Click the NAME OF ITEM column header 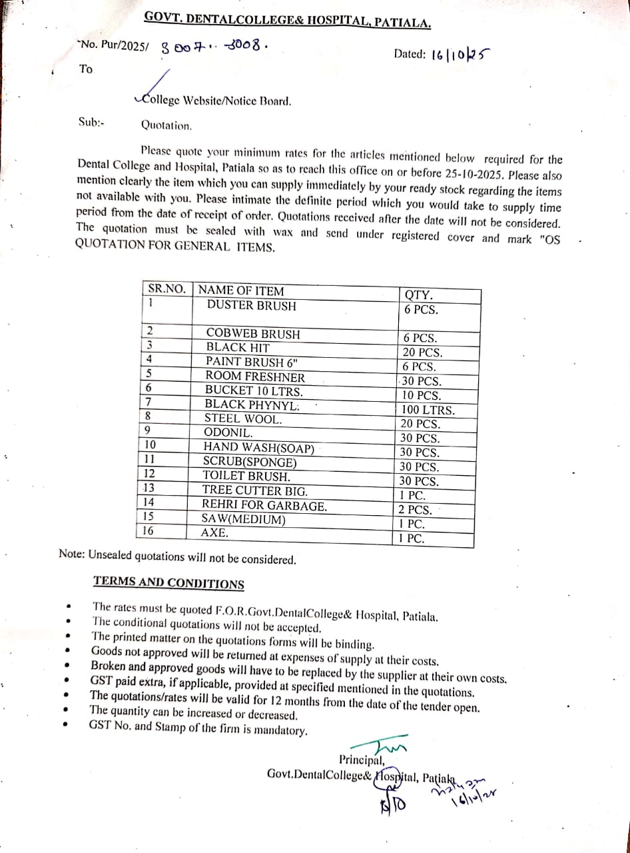pos(241,291)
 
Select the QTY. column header pos(418,295)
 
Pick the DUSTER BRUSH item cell pos(252,305)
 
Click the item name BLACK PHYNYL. pos(252,405)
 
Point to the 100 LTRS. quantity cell pos(428,410)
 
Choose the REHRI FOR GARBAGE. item pos(264,506)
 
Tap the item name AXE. pos(214,533)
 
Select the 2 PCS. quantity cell pos(416,510)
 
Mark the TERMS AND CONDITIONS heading pos(168,582)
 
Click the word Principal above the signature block pos(361,760)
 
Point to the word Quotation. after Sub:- pos(166,125)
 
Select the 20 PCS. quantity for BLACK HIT pos(421,353)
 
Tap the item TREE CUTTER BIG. pos(255,491)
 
